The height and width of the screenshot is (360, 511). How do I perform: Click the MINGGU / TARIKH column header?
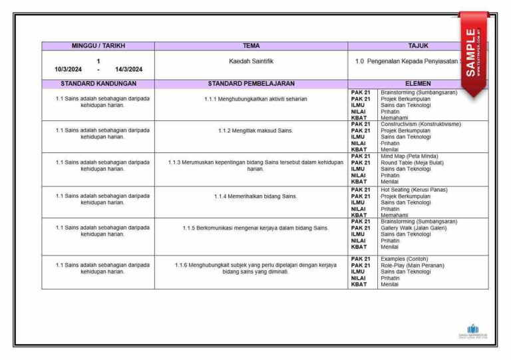[98, 46]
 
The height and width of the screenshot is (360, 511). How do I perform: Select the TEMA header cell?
[251, 46]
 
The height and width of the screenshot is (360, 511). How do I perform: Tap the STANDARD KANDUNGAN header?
[98, 84]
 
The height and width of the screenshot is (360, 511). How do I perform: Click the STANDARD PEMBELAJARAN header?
[251, 84]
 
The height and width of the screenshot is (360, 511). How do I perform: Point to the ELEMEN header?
[417, 84]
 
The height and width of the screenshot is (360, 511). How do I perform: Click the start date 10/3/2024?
[69, 69]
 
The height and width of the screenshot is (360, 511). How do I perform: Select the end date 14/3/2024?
[128, 69]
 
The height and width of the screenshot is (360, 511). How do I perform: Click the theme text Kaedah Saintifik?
[251, 61]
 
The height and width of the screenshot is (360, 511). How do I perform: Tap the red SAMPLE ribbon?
[472, 53]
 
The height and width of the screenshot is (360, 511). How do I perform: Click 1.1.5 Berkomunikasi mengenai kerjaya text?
[255, 228]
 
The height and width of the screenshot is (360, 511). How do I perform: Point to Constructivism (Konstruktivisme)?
[421, 124]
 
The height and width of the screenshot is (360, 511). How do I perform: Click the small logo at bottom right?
[472, 331]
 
